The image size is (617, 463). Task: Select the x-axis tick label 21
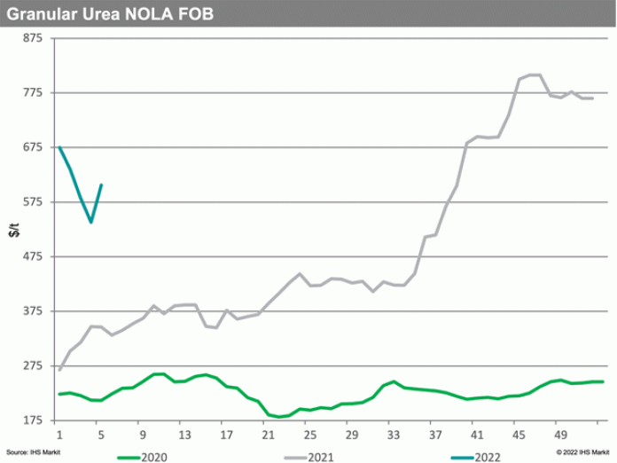pyautogui.click(x=268, y=436)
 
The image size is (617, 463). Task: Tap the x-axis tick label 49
pyautogui.click(x=560, y=436)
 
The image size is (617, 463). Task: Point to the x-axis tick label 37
pyautogui.click(x=435, y=436)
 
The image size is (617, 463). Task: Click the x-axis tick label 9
pyautogui.click(x=143, y=436)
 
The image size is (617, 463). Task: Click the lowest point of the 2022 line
pyautogui.click(x=91, y=222)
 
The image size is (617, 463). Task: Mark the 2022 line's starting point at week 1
pyautogui.click(x=59, y=146)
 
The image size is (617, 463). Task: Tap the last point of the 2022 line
pyautogui.click(x=102, y=184)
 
